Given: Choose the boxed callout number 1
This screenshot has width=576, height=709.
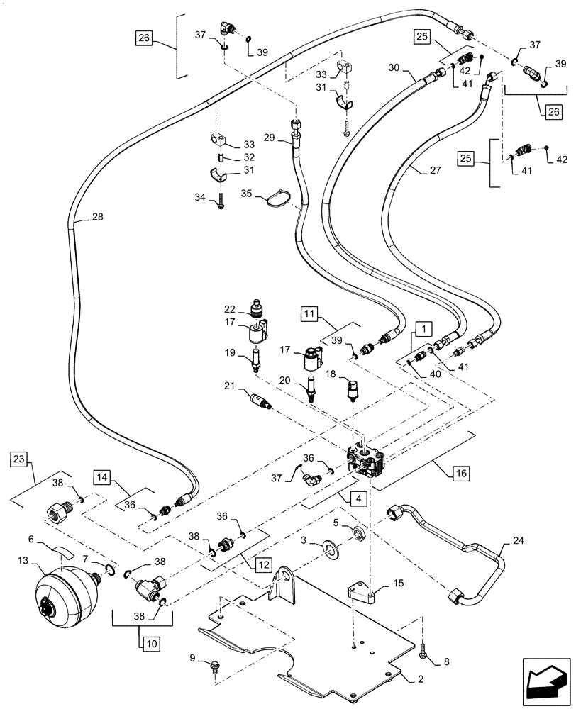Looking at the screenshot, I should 421,328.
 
